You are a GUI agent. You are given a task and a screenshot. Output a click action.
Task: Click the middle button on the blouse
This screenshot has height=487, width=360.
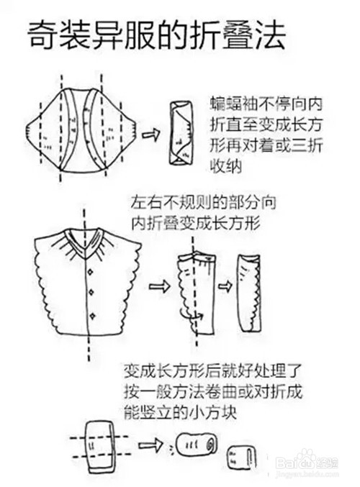92,293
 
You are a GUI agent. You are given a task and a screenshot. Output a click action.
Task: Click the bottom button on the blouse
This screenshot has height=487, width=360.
92,317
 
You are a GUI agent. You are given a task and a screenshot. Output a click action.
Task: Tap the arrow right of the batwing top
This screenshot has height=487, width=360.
151,135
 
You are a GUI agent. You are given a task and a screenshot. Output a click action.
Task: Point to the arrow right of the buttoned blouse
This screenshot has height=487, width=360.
160,286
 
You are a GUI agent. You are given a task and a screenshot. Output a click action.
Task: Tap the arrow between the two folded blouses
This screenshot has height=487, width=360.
225,286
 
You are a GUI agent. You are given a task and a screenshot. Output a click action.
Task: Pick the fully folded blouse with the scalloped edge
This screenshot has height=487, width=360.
248,293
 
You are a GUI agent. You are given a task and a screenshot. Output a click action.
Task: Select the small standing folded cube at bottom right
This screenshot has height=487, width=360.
241,458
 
